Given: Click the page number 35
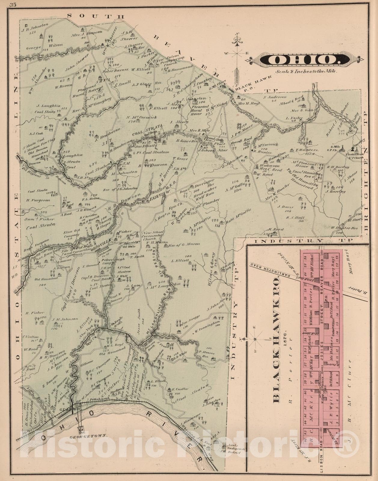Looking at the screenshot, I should click(13, 5).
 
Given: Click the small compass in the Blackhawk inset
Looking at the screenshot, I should click(255, 339).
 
